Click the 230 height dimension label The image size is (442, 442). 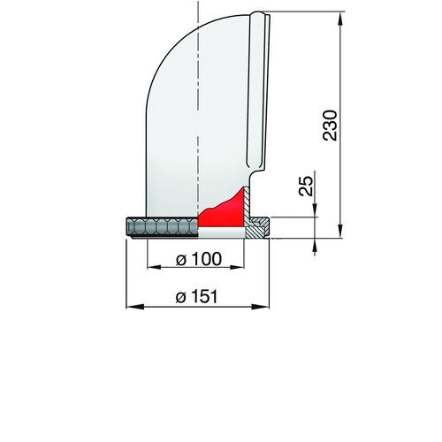(330, 126)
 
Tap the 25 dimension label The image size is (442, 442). (306, 186)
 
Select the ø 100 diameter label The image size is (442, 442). (198, 259)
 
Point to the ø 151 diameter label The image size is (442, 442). (196, 296)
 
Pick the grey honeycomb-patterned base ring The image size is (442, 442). (162, 227)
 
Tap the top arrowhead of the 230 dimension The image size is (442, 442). (340, 20)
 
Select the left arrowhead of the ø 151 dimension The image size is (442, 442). (135, 307)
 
